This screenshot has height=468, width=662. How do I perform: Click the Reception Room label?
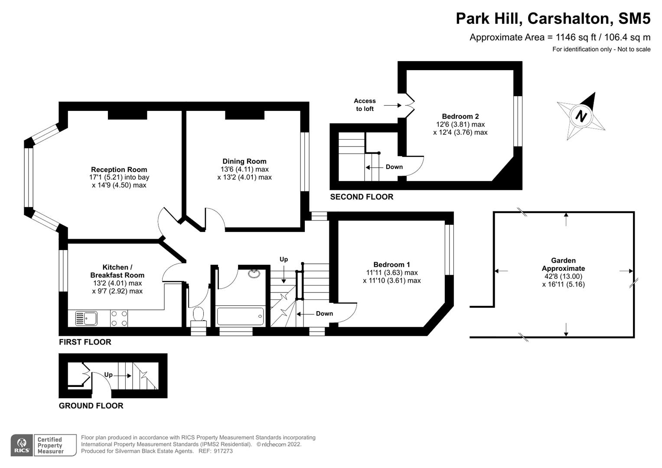(119, 169)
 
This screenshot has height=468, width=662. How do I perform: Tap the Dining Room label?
(245, 161)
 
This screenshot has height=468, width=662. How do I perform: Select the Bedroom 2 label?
(460, 116)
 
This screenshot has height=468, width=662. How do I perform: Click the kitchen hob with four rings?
(119, 318)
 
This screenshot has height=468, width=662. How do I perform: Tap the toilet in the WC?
(199, 314)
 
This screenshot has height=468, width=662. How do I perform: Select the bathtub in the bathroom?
(240, 317)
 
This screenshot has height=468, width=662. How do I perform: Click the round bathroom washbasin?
(254, 273)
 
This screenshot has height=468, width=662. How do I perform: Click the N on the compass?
(580, 116)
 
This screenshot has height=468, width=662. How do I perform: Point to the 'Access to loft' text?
(365, 105)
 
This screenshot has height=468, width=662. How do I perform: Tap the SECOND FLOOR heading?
(362, 197)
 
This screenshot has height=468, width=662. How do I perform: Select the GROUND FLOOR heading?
(91, 406)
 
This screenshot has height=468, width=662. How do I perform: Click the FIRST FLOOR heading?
(85, 342)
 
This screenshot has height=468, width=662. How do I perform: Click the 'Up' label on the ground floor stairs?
(108, 374)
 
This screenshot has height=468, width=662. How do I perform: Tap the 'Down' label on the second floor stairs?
(394, 167)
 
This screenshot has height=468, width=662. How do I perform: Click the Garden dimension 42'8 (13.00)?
(563, 276)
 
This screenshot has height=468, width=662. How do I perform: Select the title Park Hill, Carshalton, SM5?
(553, 19)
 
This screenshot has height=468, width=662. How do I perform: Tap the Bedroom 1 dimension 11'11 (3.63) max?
(391, 273)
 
